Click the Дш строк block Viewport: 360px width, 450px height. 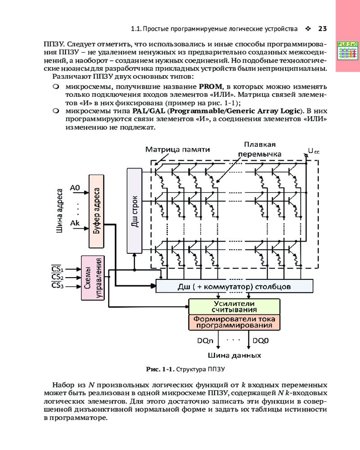[x=134, y=211]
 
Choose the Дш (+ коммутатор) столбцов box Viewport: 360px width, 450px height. [x=234, y=286]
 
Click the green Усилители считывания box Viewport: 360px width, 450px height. [x=234, y=306]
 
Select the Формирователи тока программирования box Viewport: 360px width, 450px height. [x=234, y=322]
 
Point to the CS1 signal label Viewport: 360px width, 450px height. [x=57, y=270]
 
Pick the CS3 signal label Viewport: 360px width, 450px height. [x=57, y=286]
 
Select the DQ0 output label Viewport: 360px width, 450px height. [x=261, y=341]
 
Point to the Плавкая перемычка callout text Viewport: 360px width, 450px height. [x=263, y=149]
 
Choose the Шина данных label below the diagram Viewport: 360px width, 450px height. [x=234, y=355]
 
